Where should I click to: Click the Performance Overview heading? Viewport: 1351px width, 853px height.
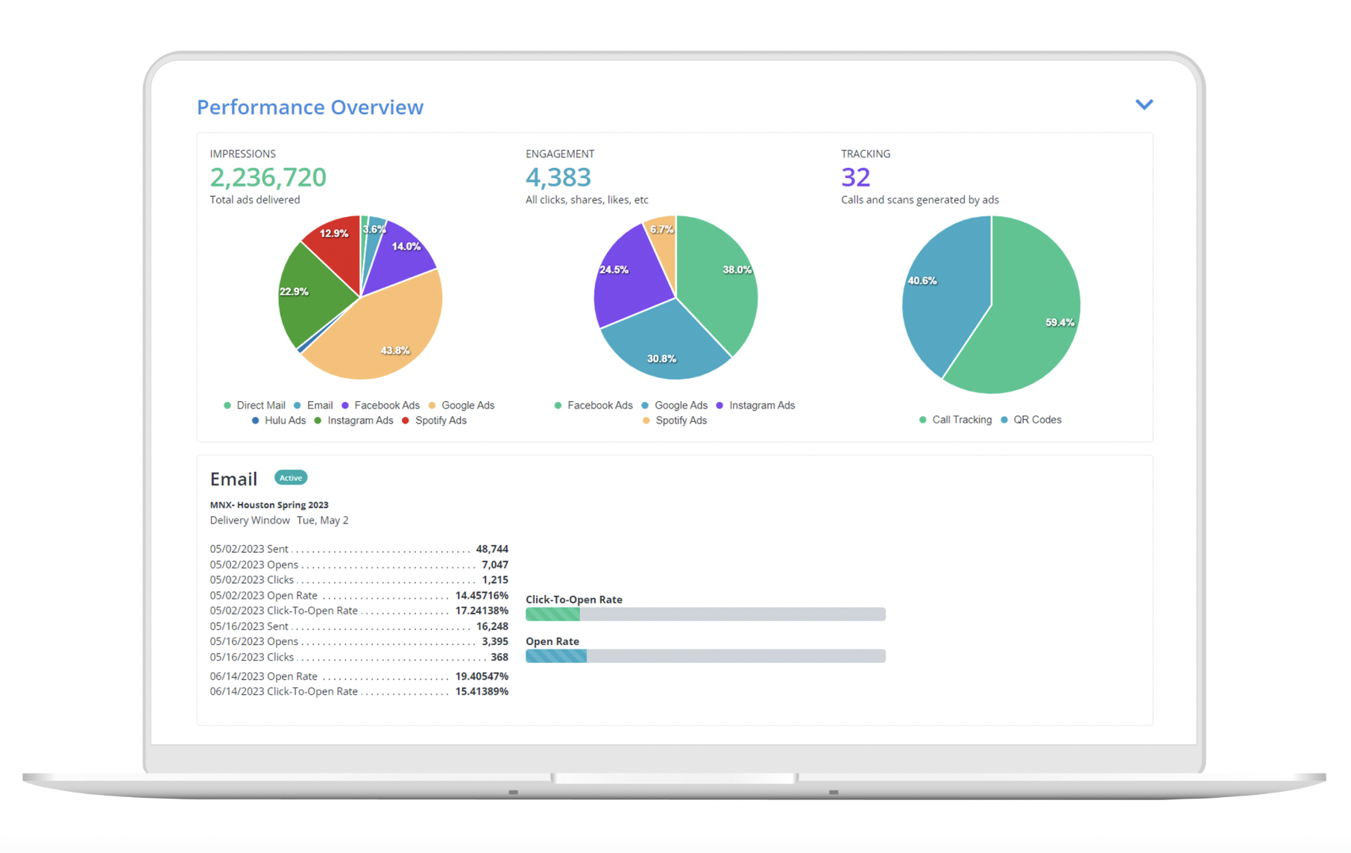click(x=309, y=107)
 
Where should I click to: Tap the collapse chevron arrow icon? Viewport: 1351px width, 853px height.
click(x=1144, y=104)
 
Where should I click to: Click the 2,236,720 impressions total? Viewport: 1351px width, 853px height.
click(x=268, y=177)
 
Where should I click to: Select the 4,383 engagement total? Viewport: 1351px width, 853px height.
click(x=558, y=177)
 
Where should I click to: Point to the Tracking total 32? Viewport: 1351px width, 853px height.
click(x=855, y=177)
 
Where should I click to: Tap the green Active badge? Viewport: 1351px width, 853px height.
click(x=291, y=478)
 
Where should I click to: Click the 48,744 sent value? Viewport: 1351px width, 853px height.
click(x=492, y=549)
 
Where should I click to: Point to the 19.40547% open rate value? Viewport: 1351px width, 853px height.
click(x=482, y=676)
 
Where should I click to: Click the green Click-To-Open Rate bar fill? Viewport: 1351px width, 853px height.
click(x=552, y=614)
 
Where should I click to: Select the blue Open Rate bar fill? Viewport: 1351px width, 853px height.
click(x=556, y=656)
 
